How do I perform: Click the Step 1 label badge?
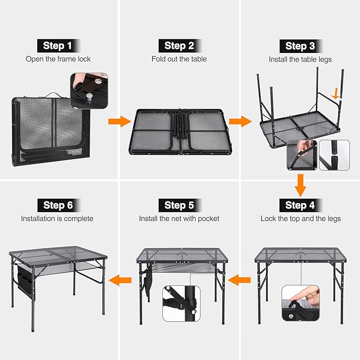pos(58,45)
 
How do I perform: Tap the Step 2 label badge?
pos(179,45)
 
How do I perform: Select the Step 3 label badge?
pos(300,45)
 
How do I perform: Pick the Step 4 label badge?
pos(300,205)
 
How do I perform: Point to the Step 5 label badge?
pos(179,205)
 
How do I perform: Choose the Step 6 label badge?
pos(58,205)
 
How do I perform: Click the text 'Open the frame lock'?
pos(58,59)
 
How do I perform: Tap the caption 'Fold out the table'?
pos(179,59)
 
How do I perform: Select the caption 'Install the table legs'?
pos(300,59)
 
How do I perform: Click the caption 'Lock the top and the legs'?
pos(300,218)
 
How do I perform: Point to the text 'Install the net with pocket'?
pos(179,218)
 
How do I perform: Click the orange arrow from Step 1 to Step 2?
pos(119,121)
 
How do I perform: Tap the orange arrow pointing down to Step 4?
pos(300,186)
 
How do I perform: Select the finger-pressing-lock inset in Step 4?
pos(300,302)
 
